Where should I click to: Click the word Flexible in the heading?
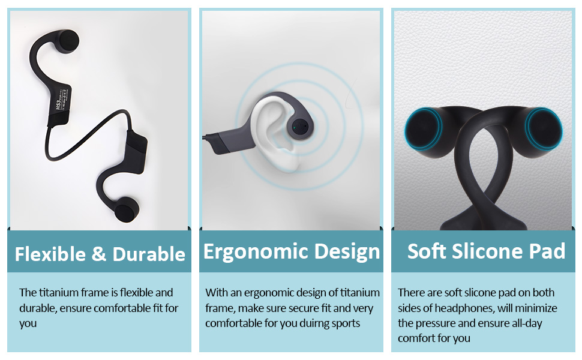coord(50,254)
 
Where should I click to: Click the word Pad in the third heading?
coord(545,251)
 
